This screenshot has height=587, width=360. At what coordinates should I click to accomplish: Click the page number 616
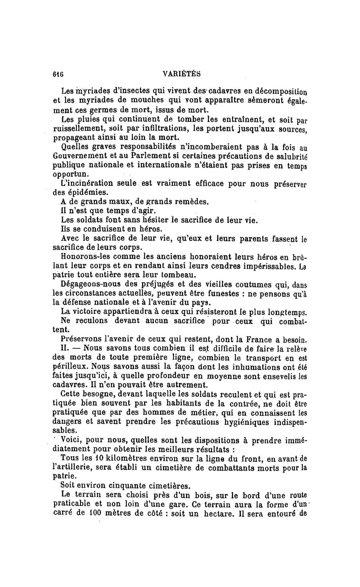pos(58,74)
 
